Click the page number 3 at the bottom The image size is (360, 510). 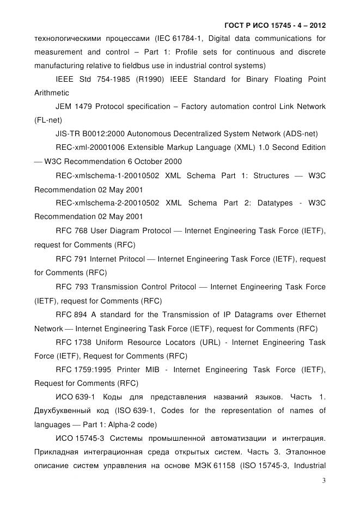pyautogui.click(x=324, y=481)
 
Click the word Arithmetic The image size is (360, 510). pyautogui.click(x=52, y=93)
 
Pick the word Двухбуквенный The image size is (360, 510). pyautogui.click(x=67, y=410)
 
